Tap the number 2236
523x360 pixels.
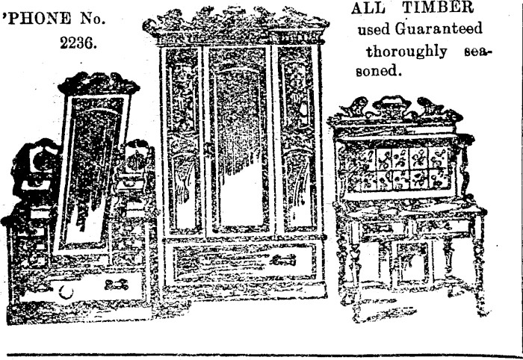78,43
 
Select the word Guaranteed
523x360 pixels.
439,29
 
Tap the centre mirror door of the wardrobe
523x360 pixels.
239,142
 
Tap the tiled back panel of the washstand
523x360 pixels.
407,168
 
